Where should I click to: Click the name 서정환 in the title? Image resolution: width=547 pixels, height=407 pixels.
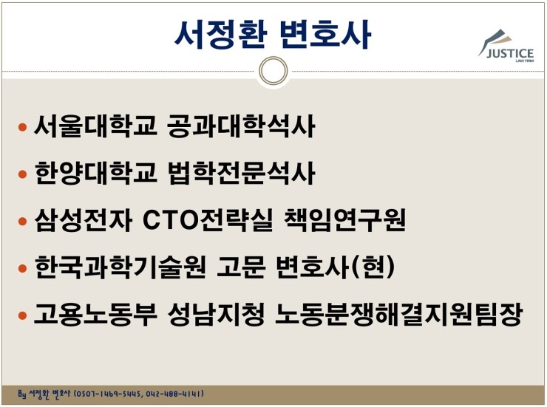coord(220,35)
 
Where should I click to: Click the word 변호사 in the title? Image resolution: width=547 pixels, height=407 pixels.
coord(325,35)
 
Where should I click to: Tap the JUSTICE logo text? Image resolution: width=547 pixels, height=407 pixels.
coord(510,53)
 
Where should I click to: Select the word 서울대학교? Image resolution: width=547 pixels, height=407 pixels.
coord(95,126)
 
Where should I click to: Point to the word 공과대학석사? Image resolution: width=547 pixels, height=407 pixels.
coord(241,126)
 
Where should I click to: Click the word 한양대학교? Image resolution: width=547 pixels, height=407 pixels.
coord(95,173)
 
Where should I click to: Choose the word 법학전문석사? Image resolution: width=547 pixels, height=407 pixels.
coord(242,173)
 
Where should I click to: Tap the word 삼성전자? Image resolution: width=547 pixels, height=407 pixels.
coord(83,220)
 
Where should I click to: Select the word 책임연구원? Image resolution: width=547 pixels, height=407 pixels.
coord(345,220)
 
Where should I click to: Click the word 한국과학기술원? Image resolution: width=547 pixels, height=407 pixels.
coord(120,267)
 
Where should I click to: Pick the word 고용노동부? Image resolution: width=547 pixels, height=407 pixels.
coord(95,314)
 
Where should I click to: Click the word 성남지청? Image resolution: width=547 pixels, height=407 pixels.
coord(216,314)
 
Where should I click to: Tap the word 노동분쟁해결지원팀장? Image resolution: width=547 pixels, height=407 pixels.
coord(398,314)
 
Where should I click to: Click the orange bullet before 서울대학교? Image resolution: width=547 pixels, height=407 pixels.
coord(22,127)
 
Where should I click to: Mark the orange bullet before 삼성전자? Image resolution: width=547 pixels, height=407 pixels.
coord(22,221)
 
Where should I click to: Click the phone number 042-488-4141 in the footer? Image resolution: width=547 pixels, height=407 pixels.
coord(174,394)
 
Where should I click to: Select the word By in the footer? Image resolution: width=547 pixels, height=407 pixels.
coord(21,394)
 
